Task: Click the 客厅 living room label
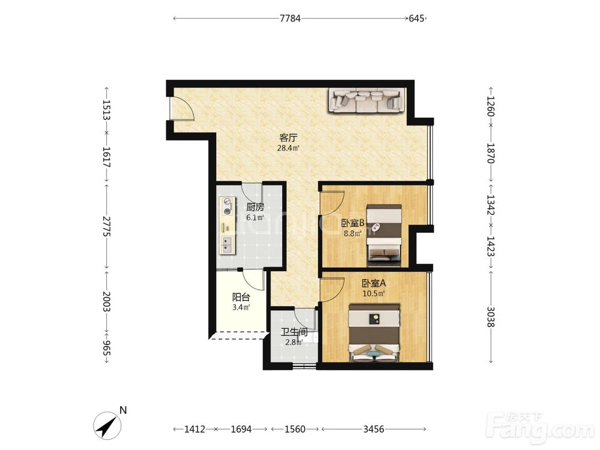[288, 138]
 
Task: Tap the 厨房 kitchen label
[255, 208]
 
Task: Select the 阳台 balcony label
[241, 297]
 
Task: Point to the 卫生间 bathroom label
[294, 332]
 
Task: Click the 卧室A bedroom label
[374, 284]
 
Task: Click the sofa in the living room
[367, 100]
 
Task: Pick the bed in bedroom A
[374, 332]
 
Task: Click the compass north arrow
[107, 425]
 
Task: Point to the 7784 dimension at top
[290, 18]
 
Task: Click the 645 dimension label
[416, 18]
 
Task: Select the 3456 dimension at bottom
[373, 429]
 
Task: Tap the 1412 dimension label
[195, 429]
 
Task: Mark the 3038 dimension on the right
[491, 317]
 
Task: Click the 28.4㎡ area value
[288, 148]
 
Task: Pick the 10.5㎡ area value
[373, 294]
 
